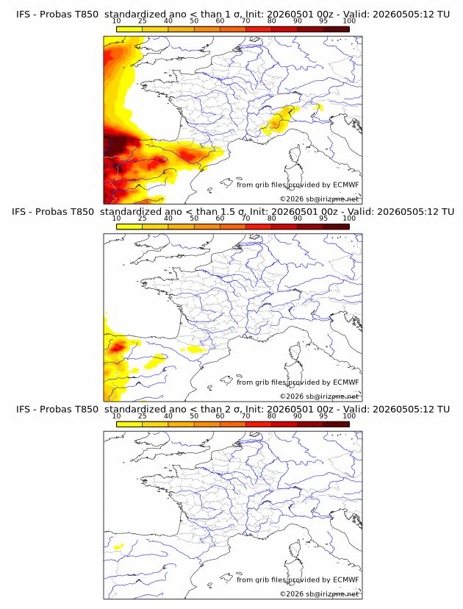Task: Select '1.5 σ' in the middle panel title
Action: click(233, 212)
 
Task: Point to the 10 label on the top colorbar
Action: click(116, 21)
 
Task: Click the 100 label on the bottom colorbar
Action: click(349, 416)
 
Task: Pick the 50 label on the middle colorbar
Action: click(194, 218)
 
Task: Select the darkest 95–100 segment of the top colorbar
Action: click(337, 29)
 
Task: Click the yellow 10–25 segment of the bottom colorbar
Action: click(129, 424)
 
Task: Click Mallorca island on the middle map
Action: click(226, 380)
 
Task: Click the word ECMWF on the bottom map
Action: click(346, 580)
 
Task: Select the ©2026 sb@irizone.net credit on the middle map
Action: click(320, 396)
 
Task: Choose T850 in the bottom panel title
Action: click(87, 410)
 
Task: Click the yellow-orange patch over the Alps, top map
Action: click(280, 120)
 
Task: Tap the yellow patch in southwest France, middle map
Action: click(197, 349)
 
